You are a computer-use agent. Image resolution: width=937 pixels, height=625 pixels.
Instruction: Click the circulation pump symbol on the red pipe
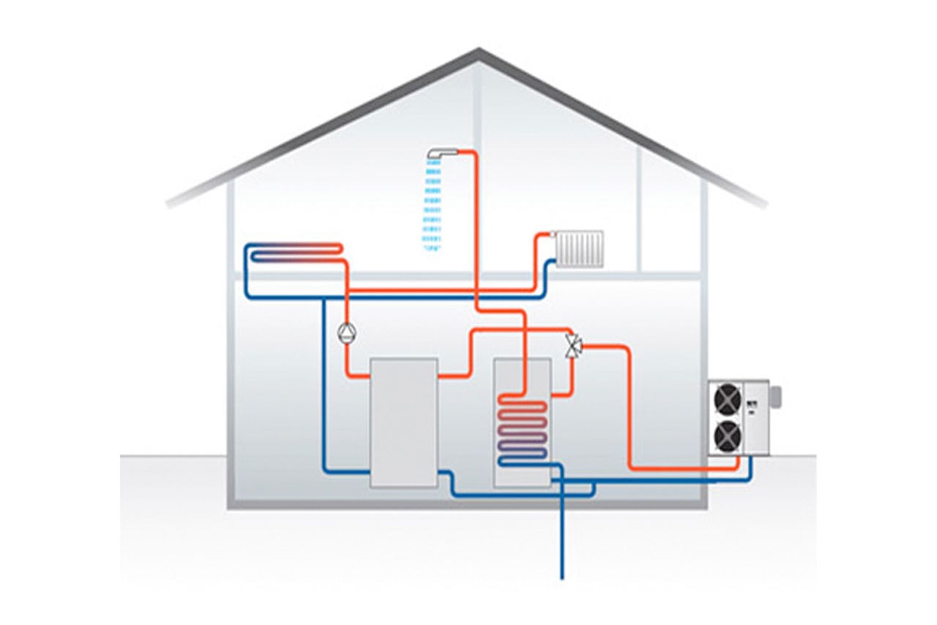(345, 333)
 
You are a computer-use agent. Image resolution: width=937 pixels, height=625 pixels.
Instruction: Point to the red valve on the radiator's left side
(551, 236)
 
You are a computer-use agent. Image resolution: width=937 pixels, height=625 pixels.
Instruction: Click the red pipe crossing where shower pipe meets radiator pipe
(477, 291)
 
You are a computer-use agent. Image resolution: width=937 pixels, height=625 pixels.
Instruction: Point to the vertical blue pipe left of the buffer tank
(324, 381)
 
